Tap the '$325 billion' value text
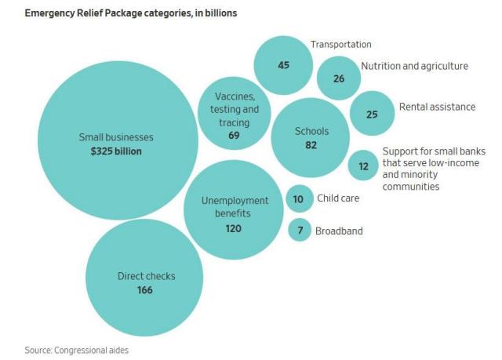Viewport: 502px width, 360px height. tap(116, 151)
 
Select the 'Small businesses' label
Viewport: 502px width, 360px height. tap(116, 137)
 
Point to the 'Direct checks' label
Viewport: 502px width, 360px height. tap(146, 276)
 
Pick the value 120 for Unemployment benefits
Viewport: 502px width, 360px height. tap(233, 228)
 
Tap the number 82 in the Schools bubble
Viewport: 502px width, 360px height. tap(311, 146)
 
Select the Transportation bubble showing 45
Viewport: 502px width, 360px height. tap(283, 65)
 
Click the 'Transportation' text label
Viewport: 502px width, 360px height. tap(340, 45)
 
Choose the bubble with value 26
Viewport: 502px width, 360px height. tap(338, 78)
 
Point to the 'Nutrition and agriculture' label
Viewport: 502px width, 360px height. tap(414, 66)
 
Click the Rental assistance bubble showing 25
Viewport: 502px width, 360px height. tap(372, 114)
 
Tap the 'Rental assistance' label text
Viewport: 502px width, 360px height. tap(437, 107)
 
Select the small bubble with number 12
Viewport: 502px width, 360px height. tap(362, 165)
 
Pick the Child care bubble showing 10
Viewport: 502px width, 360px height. tap(299, 199)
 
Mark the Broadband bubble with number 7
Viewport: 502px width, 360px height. tap(299, 231)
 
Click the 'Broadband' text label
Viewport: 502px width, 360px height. tap(339, 231)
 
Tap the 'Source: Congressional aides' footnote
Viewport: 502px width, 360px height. tap(75, 350)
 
